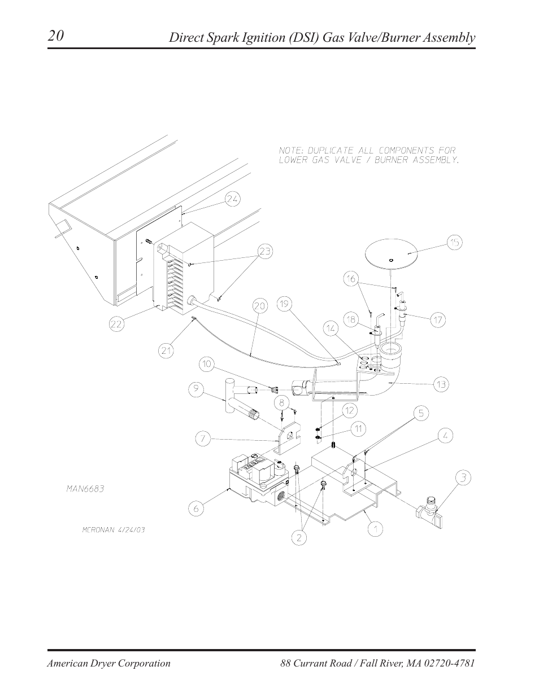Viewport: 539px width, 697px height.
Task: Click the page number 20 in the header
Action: [x=55, y=36]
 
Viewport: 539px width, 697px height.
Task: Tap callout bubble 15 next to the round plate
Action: [x=454, y=243]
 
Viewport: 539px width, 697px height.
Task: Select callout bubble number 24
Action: [x=233, y=198]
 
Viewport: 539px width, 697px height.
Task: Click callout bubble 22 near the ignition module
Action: [x=116, y=324]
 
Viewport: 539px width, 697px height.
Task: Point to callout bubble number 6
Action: [x=195, y=508]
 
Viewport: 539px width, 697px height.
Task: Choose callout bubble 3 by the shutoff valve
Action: [x=463, y=479]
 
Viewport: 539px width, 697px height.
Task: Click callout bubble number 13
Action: [x=441, y=385]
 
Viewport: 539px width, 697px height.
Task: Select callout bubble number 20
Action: [x=259, y=306]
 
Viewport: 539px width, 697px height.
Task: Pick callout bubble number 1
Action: [x=376, y=529]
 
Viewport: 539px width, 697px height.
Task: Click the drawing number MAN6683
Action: [x=84, y=489]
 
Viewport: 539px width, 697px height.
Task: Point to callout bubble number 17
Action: [x=438, y=320]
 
